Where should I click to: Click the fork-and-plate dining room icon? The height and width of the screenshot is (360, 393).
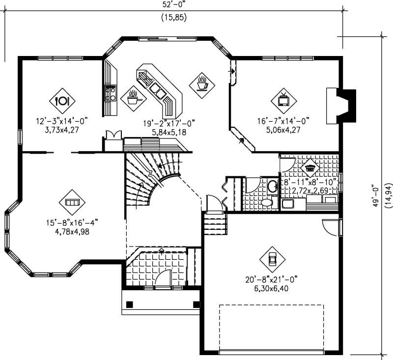[x=62, y=100]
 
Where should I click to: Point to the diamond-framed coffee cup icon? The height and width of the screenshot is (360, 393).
[x=202, y=83]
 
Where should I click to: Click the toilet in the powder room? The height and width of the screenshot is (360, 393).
[x=267, y=202]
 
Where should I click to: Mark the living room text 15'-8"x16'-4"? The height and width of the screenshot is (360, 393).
[x=71, y=222]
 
